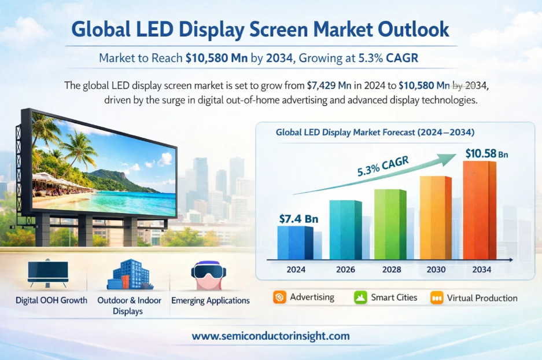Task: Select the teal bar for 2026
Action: pyautogui.click(x=345, y=230)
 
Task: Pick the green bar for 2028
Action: pyautogui.click(x=390, y=224)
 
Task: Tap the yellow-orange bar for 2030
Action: pyautogui.click(x=435, y=218)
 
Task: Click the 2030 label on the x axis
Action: pyautogui.click(x=436, y=269)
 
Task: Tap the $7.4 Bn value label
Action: pyautogui.click(x=297, y=218)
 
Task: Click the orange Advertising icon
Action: pyautogui.click(x=280, y=298)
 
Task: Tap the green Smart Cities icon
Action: pyautogui.click(x=361, y=298)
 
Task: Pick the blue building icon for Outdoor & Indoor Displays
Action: pyautogui.click(x=129, y=275)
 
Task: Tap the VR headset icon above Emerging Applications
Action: pyautogui.click(x=208, y=275)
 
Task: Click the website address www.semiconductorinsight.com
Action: pyautogui.click(x=271, y=336)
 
